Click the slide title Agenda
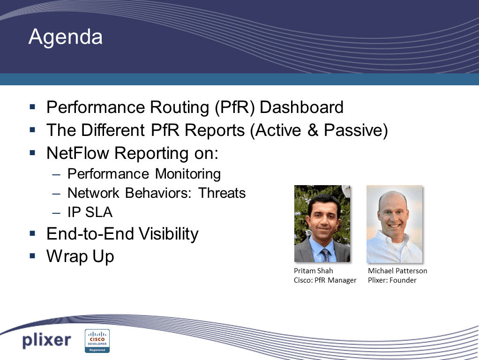click(x=65, y=37)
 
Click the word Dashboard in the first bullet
click(x=301, y=107)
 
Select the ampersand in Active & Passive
click(x=313, y=130)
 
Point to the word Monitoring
click(x=188, y=174)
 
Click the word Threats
click(x=222, y=193)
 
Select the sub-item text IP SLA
click(x=90, y=212)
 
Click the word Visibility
click(x=169, y=234)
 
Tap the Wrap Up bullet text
click(x=80, y=256)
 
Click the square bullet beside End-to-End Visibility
click(x=32, y=233)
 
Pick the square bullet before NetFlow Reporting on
click(x=32, y=152)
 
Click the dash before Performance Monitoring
click(x=56, y=174)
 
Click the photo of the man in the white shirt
click(x=394, y=224)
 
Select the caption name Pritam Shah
click(x=314, y=271)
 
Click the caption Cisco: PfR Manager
click(x=325, y=280)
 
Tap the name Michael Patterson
click(x=397, y=271)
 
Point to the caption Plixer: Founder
click(x=392, y=280)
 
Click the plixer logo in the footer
click(x=46, y=340)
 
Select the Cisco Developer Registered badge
click(x=97, y=341)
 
